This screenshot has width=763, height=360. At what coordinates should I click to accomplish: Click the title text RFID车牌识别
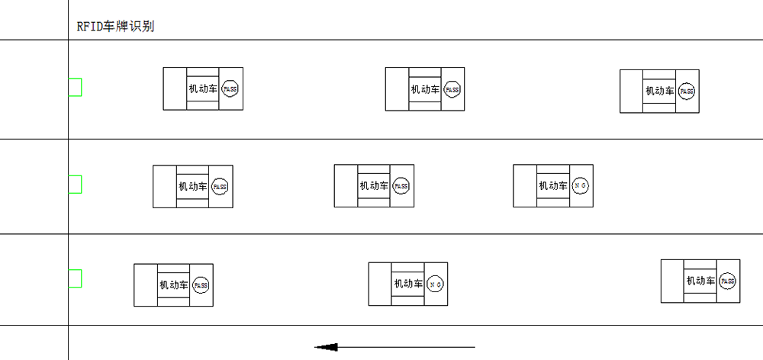[115, 26]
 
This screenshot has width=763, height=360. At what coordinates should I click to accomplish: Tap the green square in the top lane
[75, 88]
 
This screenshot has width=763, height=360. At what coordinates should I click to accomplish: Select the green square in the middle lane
[75, 185]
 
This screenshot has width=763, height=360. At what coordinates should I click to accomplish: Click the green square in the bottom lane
[75, 279]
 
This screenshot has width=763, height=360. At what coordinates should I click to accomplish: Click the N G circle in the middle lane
[580, 185]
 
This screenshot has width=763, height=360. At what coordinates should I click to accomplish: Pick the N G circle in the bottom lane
[436, 284]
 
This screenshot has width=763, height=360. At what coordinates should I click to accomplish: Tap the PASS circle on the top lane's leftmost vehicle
[230, 89]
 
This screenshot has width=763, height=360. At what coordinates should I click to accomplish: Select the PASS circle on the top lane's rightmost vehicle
[687, 92]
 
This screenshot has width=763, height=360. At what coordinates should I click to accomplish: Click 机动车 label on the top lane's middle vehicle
[425, 89]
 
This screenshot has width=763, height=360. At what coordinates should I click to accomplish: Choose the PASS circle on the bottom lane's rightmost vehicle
[727, 281]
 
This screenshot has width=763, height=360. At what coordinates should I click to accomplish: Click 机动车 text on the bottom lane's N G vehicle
[408, 284]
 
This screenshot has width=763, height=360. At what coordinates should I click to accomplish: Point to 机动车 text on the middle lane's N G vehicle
[552, 185]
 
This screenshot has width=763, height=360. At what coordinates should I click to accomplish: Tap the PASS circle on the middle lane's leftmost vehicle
[220, 187]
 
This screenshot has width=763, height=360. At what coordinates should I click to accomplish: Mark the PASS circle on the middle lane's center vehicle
[401, 186]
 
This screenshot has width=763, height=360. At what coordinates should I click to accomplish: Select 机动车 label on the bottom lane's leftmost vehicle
[174, 285]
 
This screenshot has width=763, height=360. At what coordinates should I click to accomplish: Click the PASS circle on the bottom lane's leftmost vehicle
[201, 285]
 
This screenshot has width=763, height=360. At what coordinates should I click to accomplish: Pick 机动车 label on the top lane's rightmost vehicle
[660, 92]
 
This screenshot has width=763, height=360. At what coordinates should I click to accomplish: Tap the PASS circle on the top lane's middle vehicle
[452, 89]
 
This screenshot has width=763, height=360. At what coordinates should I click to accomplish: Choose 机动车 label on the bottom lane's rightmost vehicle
[700, 281]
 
